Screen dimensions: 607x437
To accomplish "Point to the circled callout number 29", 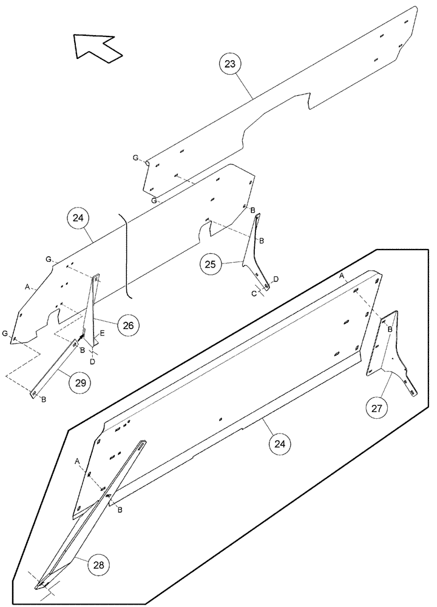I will point(80,382).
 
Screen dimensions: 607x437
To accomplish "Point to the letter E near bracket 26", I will point(102,333).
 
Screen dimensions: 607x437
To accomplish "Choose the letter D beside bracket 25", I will point(276,279).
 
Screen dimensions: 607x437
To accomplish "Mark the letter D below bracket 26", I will point(92,362).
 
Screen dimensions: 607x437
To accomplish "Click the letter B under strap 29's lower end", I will point(43,399).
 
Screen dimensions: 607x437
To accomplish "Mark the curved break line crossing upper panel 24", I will point(126,255).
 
